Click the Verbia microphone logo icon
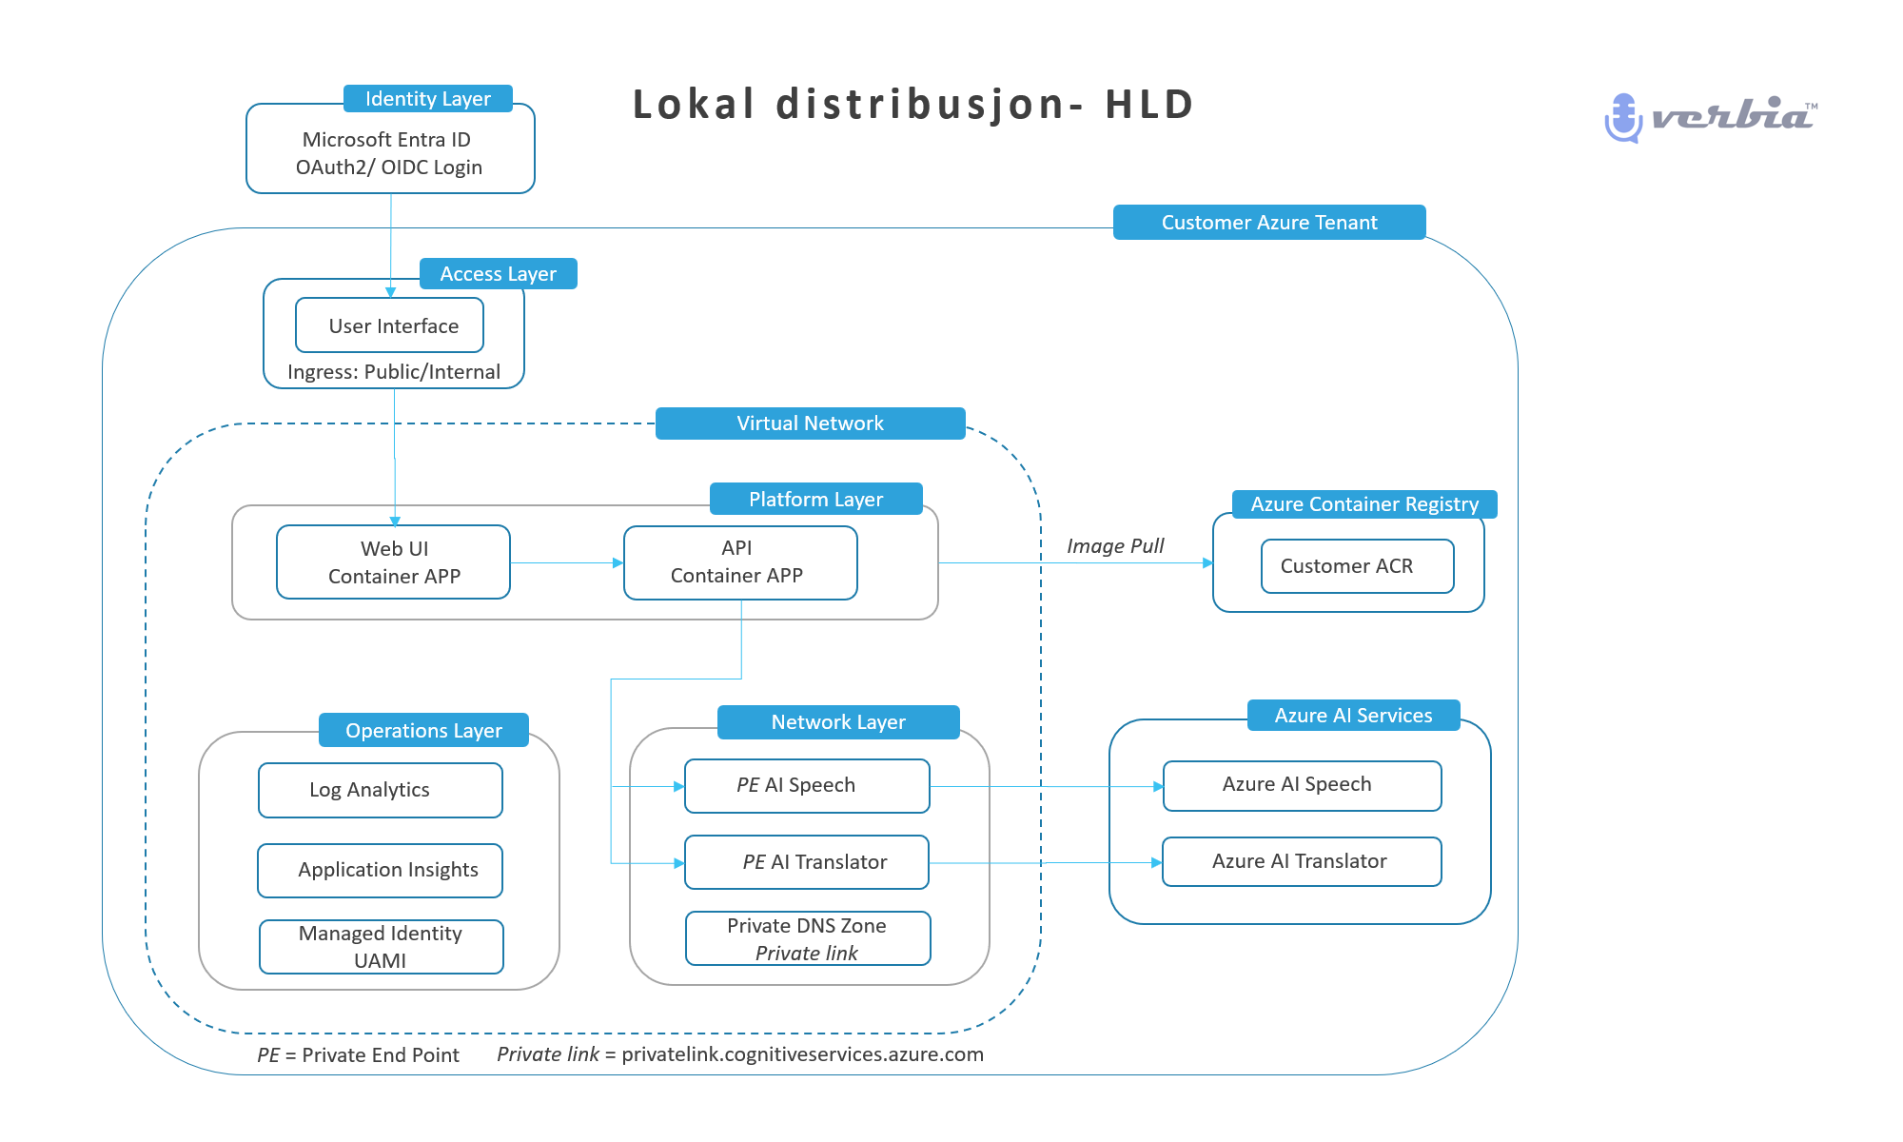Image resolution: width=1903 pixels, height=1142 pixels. pos(1623,117)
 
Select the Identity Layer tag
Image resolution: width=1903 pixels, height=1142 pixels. pos(428,99)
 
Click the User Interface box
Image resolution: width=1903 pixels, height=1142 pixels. pos(390,325)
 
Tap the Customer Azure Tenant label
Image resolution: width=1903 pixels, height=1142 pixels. pos(1269,223)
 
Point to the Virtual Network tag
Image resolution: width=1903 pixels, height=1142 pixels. pos(811,423)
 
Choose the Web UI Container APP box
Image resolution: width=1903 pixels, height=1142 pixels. pos(394,562)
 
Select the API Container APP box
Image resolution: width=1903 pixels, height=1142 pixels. pos(740,562)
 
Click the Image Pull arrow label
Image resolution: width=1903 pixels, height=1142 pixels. pos(1115,546)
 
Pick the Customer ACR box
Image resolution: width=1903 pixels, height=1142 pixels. pos(1357,566)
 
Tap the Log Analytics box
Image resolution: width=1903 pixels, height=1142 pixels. pos(381,790)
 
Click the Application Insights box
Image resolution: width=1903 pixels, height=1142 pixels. pos(381,870)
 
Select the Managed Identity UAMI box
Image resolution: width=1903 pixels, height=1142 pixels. pos(381,947)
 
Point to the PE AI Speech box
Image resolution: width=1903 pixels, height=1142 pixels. pos(807,786)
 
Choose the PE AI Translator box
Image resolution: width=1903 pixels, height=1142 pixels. pos(807,862)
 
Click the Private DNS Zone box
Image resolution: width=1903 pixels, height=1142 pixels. pos(807,938)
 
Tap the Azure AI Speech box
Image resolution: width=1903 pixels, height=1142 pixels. pos(1302,785)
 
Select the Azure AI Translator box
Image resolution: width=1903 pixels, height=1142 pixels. pos(1302,861)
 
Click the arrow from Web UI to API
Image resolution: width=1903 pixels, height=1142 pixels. pos(566,563)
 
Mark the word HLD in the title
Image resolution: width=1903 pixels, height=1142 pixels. pos(1148,105)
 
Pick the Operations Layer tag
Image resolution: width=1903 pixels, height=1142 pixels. pos(423,731)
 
